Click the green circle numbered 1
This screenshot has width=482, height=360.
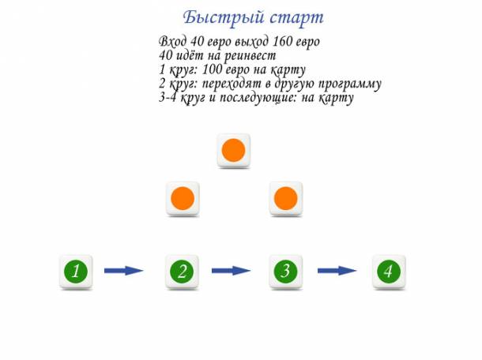76,272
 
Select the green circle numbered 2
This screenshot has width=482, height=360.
182,272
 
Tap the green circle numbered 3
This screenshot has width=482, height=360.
284,272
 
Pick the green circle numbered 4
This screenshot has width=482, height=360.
387,272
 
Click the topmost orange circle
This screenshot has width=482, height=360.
233,149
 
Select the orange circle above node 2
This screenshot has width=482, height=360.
182,197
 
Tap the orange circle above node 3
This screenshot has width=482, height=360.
284,197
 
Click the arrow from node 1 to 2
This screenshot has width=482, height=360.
123,271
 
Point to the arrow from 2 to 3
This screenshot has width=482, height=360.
231,271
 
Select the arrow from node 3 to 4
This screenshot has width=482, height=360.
337,271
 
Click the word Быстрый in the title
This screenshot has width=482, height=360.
217,17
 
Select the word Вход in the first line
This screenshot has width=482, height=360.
172,41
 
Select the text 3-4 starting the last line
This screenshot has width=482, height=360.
168,98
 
